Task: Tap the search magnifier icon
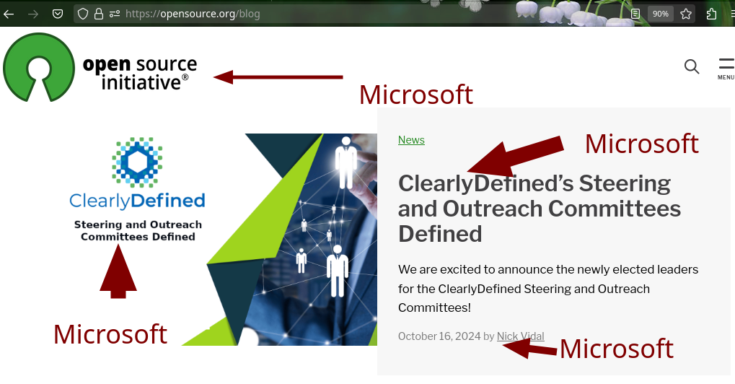pyautogui.click(x=692, y=66)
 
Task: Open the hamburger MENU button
pyautogui.click(x=726, y=69)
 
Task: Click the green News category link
pyautogui.click(x=411, y=140)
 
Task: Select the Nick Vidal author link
pyautogui.click(x=520, y=336)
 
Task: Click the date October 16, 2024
pyautogui.click(x=439, y=336)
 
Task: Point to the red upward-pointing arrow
pyautogui.click(x=118, y=271)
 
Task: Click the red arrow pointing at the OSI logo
pyautogui.click(x=278, y=77)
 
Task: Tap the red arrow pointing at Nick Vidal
pyautogui.click(x=529, y=349)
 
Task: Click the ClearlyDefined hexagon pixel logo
pyautogui.click(x=137, y=162)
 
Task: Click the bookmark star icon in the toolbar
pyautogui.click(x=686, y=14)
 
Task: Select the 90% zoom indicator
pyautogui.click(x=661, y=14)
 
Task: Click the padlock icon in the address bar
pyautogui.click(x=98, y=14)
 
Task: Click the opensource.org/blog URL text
pyautogui.click(x=193, y=14)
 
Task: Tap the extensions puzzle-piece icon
pyautogui.click(x=711, y=14)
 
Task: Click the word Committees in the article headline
pyautogui.click(x=614, y=209)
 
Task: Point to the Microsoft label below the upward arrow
pyautogui.click(x=110, y=333)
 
